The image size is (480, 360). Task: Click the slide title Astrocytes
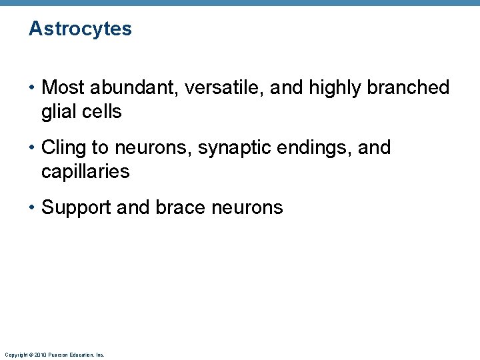(80, 29)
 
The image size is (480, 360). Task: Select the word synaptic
(227, 147)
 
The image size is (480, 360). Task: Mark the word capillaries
(85, 172)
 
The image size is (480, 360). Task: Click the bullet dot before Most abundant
(32, 87)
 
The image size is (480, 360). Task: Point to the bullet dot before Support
(32, 207)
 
